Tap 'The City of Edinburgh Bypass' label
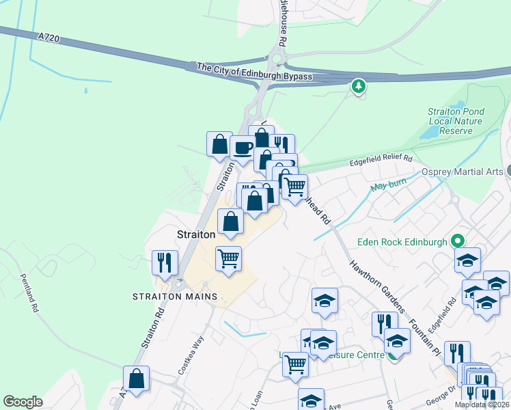(254, 72)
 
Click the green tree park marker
(358, 87)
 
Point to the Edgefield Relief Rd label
(382, 159)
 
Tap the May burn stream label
(384, 185)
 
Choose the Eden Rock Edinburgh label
(402, 241)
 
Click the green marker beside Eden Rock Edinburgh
(458, 241)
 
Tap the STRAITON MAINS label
(175, 297)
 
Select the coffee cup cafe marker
(243, 147)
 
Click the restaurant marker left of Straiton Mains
(165, 262)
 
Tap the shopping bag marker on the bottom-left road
(137, 379)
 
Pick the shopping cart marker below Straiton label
(227, 258)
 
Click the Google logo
(23, 402)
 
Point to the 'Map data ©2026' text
(482, 405)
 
